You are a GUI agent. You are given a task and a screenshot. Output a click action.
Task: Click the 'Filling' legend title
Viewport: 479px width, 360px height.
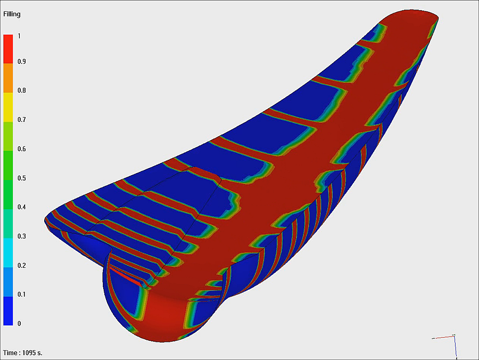click(12, 14)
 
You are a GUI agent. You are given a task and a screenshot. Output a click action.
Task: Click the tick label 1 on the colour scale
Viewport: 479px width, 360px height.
click(19, 36)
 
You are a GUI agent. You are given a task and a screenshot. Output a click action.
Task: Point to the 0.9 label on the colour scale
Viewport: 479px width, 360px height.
click(21, 61)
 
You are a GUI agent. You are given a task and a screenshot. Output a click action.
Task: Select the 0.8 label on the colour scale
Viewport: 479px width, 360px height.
click(21, 91)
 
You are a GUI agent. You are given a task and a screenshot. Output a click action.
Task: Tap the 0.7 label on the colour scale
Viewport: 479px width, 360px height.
click(21, 119)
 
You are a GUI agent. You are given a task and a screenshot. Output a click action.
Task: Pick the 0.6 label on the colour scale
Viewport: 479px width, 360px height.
click(21, 149)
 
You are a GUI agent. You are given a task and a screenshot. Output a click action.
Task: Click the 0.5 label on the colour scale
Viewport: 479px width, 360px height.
click(21, 178)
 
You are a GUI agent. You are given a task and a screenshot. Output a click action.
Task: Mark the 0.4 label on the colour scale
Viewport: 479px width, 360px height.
click(21, 207)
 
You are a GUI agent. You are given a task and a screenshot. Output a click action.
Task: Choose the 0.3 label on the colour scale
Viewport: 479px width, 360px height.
click(21, 236)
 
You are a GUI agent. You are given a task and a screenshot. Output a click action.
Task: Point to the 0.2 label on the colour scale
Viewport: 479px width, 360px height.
click(21, 265)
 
